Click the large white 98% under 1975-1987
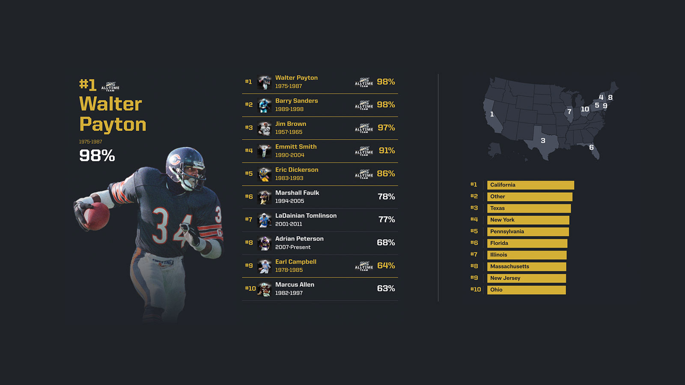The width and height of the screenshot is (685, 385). (97, 156)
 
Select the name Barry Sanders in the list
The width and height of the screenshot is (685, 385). (296, 101)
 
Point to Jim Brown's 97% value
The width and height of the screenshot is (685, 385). (386, 128)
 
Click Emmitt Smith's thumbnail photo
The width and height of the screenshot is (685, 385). (264, 151)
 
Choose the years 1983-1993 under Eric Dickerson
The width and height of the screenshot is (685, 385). (289, 178)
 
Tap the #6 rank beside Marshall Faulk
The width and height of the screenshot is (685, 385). (249, 197)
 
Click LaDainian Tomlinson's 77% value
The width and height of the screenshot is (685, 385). (387, 219)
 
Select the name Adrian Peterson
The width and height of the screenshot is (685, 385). (299, 239)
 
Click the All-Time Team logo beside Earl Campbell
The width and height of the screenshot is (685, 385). (364, 266)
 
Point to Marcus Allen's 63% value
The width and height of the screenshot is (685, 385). (386, 289)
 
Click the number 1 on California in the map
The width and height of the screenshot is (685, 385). (492, 114)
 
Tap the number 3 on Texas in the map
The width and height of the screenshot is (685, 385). (543, 141)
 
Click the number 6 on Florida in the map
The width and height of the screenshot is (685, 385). (591, 148)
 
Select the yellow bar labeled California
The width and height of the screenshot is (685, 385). (530, 185)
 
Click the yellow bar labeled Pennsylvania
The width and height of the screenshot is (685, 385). (528, 232)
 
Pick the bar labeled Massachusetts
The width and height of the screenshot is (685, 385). (527, 267)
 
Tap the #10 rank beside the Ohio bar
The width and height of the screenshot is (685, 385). (475, 290)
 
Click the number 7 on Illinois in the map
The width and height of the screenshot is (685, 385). (569, 112)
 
